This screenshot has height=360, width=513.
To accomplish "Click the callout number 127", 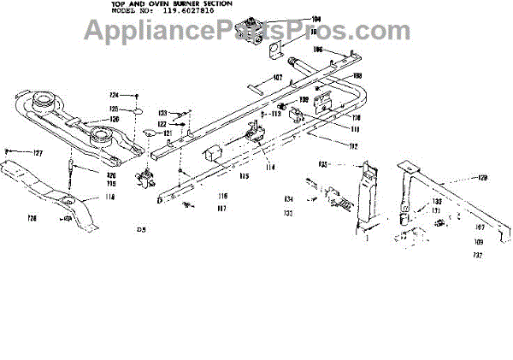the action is [x=37, y=153].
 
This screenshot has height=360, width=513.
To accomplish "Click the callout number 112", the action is [x=329, y=146].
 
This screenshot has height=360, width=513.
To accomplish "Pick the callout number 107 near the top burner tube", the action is [x=277, y=78].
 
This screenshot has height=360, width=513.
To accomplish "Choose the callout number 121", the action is [x=169, y=134].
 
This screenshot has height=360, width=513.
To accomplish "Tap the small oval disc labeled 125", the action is [x=135, y=111].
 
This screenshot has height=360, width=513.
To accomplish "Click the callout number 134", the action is [x=289, y=199].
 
